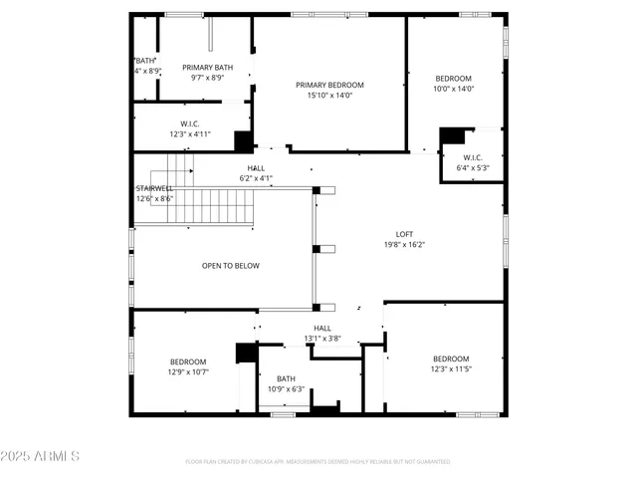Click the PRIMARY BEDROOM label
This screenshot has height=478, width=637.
(x=329, y=85)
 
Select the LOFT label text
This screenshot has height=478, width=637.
(x=404, y=234)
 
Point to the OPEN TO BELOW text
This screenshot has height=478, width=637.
(x=231, y=266)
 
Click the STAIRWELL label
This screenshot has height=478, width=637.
(x=154, y=188)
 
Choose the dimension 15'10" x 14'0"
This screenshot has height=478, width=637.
(x=329, y=96)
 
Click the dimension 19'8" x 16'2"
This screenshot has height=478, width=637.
(x=404, y=244)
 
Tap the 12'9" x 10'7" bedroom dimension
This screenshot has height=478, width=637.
(x=187, y=372)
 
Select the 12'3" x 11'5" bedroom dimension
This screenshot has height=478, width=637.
(x=450, y=369)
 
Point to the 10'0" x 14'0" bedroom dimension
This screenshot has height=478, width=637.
(x=453, y=89)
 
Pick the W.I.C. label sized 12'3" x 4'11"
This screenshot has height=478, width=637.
(x=192, y=124)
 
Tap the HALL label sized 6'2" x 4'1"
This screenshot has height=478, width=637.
(x=256, y=167)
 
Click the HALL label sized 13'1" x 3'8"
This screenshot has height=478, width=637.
(x=322, y=328)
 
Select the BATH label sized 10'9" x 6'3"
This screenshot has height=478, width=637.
(x=287, y=378)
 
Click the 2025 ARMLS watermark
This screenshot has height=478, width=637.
(x=42, y=455)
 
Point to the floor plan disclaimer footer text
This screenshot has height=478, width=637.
(x=318, y=462)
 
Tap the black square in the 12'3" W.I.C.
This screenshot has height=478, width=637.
(x=242, y=140)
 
